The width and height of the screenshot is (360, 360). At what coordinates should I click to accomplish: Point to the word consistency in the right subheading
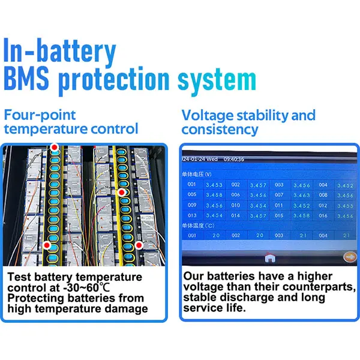[220, 129]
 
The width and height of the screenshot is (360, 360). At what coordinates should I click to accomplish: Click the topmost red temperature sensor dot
[55, 147]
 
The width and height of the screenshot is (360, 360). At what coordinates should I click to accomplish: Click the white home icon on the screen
[269, 257]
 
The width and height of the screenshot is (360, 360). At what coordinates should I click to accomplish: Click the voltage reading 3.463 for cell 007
[301, 195]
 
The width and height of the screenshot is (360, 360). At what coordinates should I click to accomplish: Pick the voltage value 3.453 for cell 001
[214, 185]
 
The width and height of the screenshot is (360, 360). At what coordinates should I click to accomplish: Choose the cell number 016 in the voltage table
[323, 215]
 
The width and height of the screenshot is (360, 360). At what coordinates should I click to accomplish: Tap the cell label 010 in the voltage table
[236, 205]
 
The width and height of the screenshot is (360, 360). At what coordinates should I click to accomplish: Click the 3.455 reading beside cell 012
[345, 205]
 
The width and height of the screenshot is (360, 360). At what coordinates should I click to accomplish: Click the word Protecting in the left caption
[37, 298]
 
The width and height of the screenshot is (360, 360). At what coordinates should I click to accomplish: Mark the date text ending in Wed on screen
[201, 160]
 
